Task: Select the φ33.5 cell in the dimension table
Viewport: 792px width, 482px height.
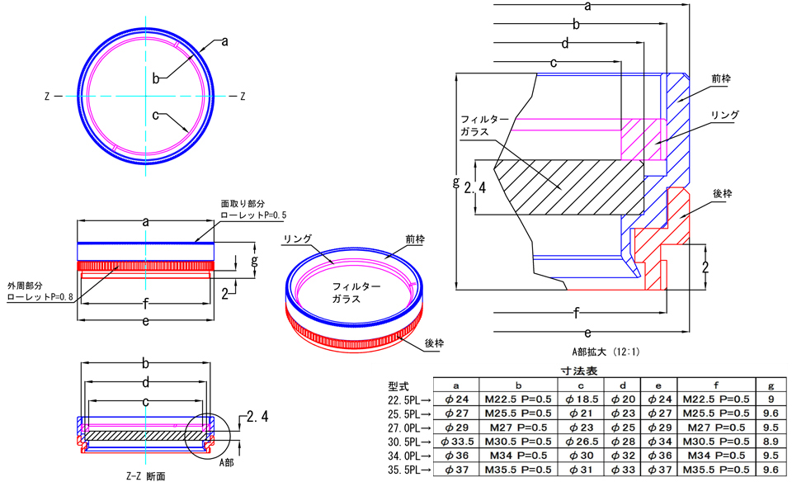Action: click(x=457, y=441)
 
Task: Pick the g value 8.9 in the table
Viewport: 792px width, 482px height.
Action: click(x=770, y=441)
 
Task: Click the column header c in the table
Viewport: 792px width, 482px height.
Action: click(x=581, y=385)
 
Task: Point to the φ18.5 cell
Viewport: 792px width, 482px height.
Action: click(x=581, y=399)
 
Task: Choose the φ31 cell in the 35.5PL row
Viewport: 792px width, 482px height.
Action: click(x=581, y=470)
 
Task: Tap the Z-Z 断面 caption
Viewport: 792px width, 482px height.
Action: click(x=145, y=475)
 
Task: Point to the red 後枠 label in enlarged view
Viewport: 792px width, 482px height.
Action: click(x=723, y=193)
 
